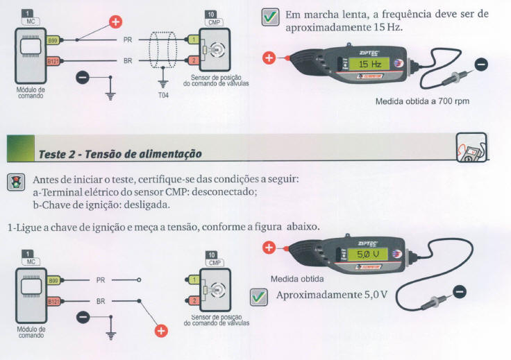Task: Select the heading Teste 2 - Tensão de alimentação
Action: point(120,153)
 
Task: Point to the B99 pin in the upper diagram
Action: point(53,41)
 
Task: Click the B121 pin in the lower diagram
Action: point(53,302)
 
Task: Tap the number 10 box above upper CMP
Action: point(211,14)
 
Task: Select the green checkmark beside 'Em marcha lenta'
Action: point(271,17)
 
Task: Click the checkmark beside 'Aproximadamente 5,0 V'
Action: point(258,297)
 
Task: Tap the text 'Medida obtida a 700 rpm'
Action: point(422,101)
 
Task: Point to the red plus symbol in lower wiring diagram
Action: point(161,331)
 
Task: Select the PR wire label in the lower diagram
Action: point(100,280)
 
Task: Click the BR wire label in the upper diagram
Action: point(128,61)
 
